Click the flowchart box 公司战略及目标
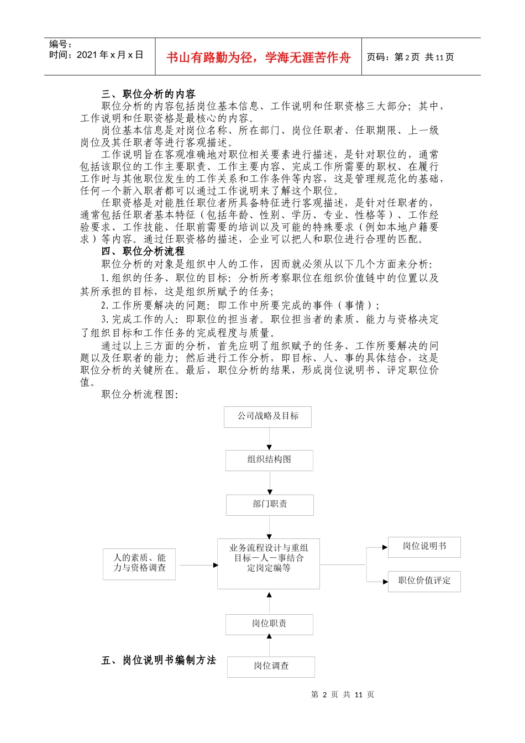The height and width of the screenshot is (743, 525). (267, 416)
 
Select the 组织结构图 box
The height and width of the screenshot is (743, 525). (269, 460)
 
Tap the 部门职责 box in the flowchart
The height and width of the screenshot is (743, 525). (270, 505)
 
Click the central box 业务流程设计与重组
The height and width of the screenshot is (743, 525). (269, 563)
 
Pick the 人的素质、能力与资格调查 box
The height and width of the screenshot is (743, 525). (139, 563)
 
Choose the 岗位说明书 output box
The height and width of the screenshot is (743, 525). (424, 547)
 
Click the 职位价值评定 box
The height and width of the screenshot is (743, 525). (424, 581)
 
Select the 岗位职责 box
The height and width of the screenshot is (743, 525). (269, 624)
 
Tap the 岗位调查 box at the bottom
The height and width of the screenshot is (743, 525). (271, 667)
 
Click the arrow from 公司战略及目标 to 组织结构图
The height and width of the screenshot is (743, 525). (269, 439)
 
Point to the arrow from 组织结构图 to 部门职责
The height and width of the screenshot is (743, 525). (270, 483)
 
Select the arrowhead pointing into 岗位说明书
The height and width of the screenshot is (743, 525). (385, 547)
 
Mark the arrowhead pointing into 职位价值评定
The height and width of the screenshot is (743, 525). (385, 582)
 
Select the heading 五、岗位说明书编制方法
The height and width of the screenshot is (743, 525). (159, 660)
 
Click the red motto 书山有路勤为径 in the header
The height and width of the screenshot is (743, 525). (258, 57)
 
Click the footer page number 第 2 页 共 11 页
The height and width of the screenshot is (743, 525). (343, 694)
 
